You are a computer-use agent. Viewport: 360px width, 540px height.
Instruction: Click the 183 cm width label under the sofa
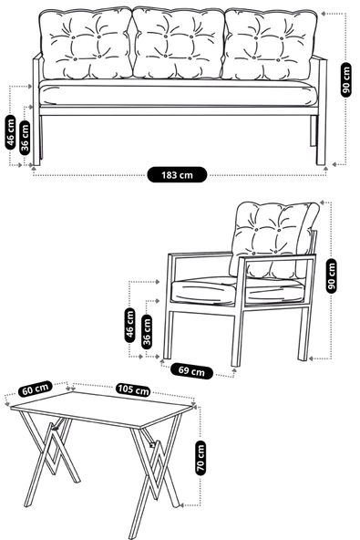[179, 172]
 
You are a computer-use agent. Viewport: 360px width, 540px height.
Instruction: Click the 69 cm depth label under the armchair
[191, 371]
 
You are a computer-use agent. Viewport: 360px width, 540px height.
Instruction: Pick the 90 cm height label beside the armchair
[332, 275]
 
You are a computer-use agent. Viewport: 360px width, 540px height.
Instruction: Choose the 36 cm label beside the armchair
[148, 329]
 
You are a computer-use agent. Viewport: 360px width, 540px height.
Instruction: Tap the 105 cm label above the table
[133, 389]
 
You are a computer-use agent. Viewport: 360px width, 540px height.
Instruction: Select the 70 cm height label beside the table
[201, 455]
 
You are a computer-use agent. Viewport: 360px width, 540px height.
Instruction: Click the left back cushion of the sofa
[88, 46]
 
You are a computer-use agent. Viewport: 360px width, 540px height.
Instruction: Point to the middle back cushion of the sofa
[179, 46]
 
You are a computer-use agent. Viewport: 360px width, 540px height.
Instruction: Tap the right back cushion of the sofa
[270, 46]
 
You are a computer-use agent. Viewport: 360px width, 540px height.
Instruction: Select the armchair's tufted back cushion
[273, 233]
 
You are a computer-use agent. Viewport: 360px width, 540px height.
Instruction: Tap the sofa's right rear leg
[322, 137]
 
